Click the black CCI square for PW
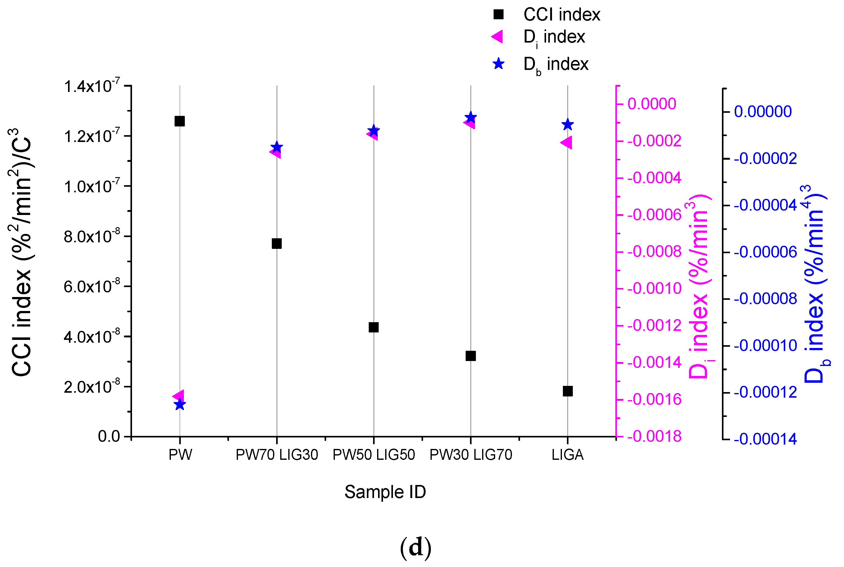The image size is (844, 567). (x=180, y=121)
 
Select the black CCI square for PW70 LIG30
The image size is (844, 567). (x=276, y=243)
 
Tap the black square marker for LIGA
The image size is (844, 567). (x=568, y=391)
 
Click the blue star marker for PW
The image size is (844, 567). (x=180, y=404)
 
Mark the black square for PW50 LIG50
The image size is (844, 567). (x=373, y=327)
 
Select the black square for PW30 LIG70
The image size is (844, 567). (x=470, y=356)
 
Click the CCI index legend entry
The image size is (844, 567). (x=561, y=15)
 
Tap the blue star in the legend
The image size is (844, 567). (x=499, y=64)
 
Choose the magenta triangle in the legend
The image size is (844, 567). (x=497, y=37)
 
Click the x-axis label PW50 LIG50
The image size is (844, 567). (x=373, y=455)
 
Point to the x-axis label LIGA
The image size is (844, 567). (x=568, y=455)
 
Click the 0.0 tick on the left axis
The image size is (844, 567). (x=109, y=437)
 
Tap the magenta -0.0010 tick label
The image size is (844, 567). (x=654, y=289)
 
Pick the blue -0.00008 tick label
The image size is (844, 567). (x=765, y=299)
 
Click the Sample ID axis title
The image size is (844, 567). (x=385, y=492)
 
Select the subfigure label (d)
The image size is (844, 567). (x=416, y=547)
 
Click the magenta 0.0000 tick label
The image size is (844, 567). (x=652, y=104)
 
